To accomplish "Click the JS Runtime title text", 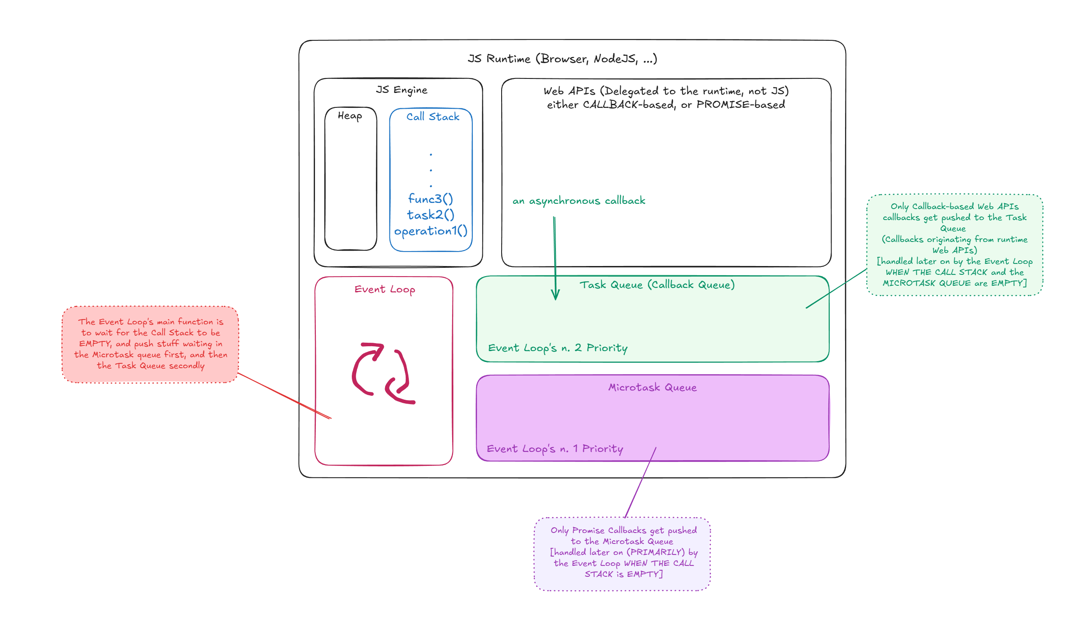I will point(562,59).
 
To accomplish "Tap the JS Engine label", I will point(401,90).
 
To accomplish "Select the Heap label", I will point(350,116).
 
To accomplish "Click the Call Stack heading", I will point(433,117).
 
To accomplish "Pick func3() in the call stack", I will point(431,199).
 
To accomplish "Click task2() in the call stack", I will point(431,215).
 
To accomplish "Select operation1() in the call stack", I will point(431,231).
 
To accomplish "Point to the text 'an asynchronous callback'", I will point(579,201).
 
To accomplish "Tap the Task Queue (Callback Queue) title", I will point(657,285).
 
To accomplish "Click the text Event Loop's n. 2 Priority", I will point(558,348).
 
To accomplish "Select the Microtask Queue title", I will point(652,387).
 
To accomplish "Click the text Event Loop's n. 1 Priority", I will point(555,449).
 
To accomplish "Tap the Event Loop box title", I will point(385,289).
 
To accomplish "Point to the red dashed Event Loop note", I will point(150,344).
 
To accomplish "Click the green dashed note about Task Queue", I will point(955,245).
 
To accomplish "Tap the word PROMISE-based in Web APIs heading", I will point(741,105).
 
